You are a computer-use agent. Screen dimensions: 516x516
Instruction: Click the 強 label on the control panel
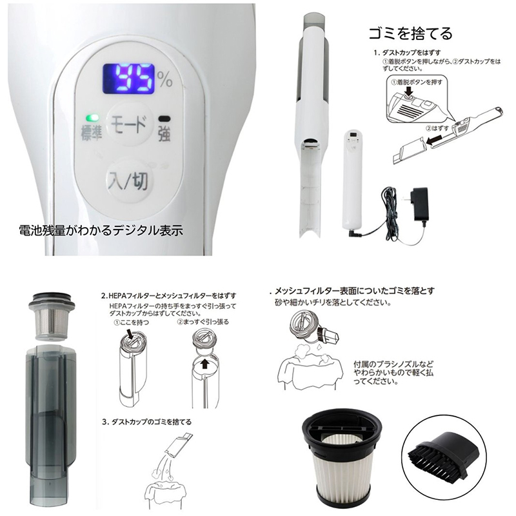166,134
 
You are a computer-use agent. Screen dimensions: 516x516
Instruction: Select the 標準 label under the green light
92,133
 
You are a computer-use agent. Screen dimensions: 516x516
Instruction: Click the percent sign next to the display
165,80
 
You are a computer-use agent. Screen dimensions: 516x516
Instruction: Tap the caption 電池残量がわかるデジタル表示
101,228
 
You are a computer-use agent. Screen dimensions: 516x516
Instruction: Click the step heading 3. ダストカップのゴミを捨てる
147,422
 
